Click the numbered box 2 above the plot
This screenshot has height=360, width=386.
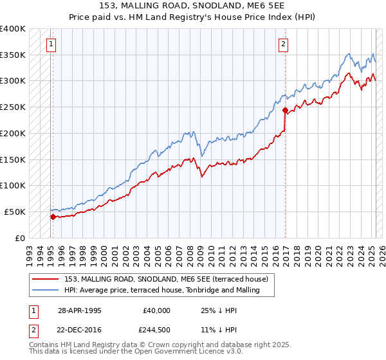(283, 44)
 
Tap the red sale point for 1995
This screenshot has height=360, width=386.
(53, 217)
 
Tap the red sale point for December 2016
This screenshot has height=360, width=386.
(285, 110)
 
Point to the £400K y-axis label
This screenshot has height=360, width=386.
(13, 29)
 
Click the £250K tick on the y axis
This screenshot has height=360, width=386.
(13, 107)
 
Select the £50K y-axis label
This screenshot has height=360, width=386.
(15, 212)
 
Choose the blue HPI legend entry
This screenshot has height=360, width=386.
(161, 290)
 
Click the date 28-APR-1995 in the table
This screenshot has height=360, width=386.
(80, 310)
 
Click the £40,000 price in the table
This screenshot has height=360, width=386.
(157, 310)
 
